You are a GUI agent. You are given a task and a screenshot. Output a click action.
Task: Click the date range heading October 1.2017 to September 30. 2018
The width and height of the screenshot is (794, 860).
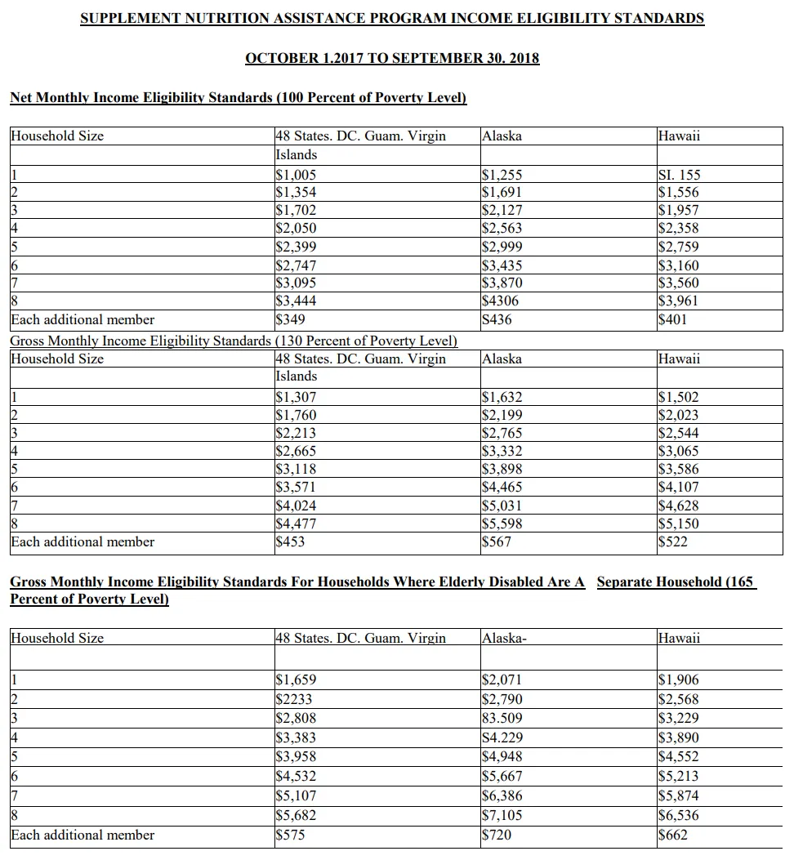tap(392, 58)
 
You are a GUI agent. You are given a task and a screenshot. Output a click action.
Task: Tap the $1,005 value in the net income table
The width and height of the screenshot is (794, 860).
tap(297, 175)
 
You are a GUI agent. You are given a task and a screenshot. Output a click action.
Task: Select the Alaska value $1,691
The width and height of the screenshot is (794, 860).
tap(502, 193)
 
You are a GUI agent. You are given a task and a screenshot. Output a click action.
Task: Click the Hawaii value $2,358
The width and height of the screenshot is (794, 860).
tap(678, 229)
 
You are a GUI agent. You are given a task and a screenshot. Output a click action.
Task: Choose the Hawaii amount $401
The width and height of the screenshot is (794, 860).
tap(673, 319)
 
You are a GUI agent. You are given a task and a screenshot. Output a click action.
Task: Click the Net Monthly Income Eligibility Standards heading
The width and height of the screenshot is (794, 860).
tap(238, 98)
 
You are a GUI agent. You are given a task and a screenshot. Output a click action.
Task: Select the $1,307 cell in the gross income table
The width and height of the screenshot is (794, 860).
tap(297, 397)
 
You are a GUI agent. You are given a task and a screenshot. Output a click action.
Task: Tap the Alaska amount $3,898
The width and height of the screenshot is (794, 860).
tap(502, 469)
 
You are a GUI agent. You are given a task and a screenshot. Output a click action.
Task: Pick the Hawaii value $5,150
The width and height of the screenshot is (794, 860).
tap(678, 524)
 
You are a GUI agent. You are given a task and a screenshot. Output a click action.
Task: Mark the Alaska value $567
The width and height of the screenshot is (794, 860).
tap(497, 541)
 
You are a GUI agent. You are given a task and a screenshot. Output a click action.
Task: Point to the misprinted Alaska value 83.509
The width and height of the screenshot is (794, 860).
tap(502, 719)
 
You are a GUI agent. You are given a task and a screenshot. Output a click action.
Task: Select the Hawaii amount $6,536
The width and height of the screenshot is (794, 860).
tap(678, 815)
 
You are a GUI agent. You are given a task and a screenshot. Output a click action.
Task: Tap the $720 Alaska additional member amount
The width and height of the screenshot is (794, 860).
tap(497, 835)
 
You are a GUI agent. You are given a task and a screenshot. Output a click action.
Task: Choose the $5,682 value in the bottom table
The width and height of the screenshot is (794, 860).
tap(297, 815)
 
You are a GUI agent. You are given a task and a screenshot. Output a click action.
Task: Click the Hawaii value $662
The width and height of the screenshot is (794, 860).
tap(673, 835)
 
